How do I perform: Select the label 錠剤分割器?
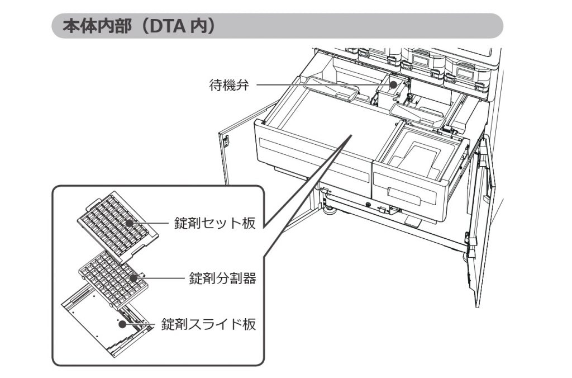(x=222, y=278)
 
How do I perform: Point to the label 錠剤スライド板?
(x=209, y=324)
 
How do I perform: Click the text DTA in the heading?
(x=163, y=27)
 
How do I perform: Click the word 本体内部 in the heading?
(x=89, y=27)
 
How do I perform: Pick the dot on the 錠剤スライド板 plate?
(x=121, y=323)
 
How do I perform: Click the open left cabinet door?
(x=237, y=151)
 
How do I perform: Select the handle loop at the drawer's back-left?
(x=332, y=91)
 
